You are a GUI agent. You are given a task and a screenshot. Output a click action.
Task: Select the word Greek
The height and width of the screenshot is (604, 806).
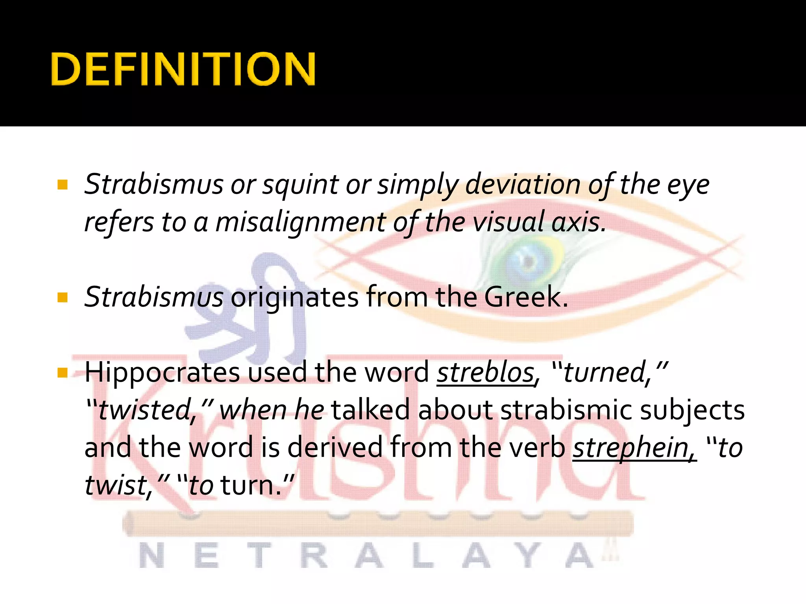point(526,297)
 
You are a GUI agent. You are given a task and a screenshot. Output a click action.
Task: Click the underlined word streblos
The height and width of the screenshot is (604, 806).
point(486,373)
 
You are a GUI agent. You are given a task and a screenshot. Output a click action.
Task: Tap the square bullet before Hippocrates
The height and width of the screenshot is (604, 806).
point(62,372)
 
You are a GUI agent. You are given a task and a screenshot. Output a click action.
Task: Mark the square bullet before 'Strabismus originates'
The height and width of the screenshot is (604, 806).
point(62,297)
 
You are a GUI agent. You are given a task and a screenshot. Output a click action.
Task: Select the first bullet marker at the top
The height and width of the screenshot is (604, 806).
point(62,185)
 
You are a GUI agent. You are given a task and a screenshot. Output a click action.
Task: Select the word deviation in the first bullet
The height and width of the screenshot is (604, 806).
point(523,185)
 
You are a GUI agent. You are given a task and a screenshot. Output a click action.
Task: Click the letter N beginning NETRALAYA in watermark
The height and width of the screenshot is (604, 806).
point(152,556)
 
